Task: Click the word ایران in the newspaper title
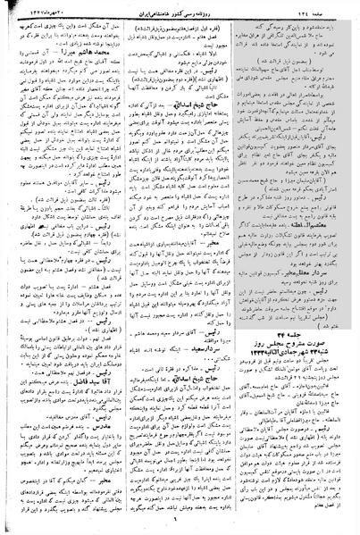point(144,8)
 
